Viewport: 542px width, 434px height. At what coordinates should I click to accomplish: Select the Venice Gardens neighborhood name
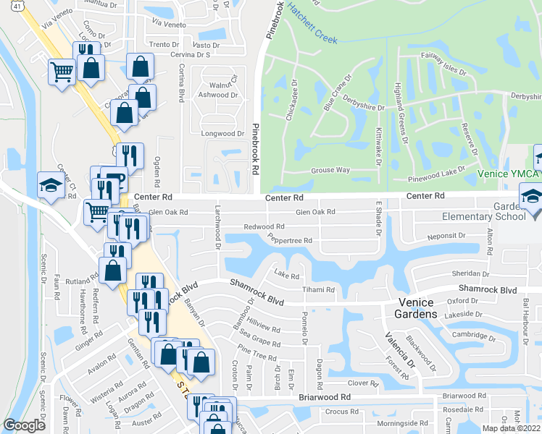tap(417, 308)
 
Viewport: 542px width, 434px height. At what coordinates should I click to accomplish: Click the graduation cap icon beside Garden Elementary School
tap(532, 197)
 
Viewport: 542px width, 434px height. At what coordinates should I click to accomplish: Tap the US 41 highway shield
tap(6, 6)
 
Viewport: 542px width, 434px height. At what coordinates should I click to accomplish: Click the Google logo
tap(25, 425)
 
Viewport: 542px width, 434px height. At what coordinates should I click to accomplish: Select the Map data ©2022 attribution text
tap(511, 428)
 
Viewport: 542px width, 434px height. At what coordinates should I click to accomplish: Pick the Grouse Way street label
tap(330, 170)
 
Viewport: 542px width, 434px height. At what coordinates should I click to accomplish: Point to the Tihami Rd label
tap(319, 289)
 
